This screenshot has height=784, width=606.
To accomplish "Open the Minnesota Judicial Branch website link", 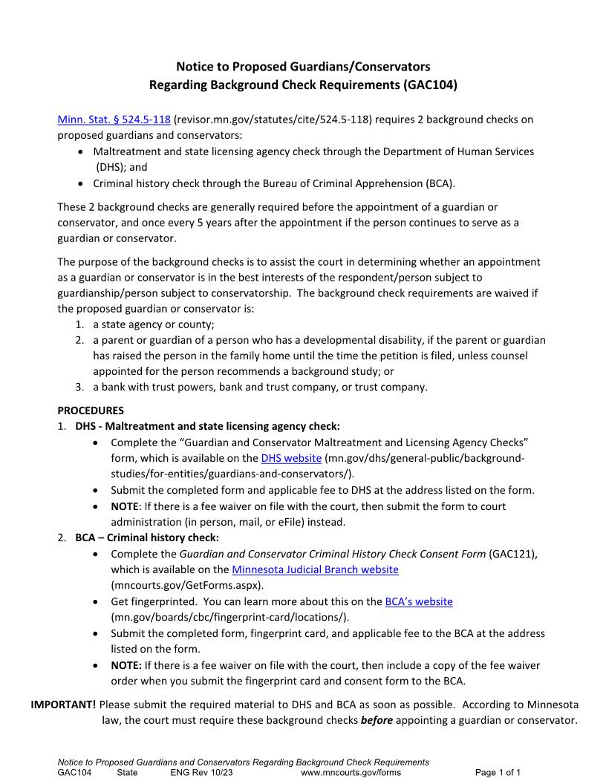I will pyautogui.click(x=315, y=569).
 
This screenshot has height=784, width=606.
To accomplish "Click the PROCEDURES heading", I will pyautogui.click(x=91, y=411).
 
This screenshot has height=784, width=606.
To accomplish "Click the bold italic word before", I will pyautogui.click(x=377, y=720).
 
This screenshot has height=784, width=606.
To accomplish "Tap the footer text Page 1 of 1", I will pyautogui.click(x=498, y=772).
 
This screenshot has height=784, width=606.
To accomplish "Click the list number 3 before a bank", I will pyautogui.click(x=79, y=387).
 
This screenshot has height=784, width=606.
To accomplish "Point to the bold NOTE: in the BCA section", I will pyautogui.click(x=126, y=665).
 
